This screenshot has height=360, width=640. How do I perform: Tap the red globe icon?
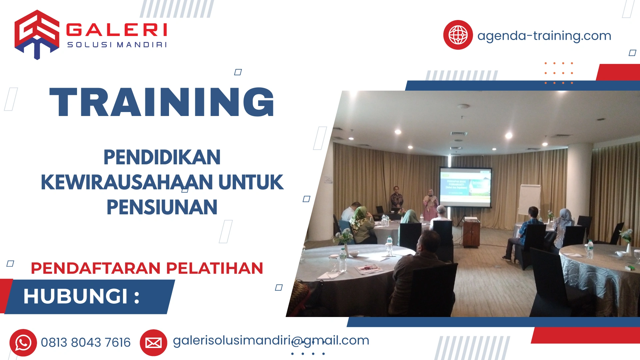(458, 35)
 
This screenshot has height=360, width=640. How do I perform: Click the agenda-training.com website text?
(544, 36)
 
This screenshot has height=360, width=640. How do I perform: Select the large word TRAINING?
(162, 102)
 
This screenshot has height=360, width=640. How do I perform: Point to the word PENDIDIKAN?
(162, 157)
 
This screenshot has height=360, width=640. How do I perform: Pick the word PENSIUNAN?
(162, 207)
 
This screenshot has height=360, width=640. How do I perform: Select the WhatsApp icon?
(23, 343)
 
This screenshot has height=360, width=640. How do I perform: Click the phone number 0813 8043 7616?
(86, 343)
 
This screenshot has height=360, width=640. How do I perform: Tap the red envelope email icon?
(153, 343)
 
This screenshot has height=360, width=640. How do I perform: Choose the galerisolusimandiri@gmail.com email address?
(271, 340)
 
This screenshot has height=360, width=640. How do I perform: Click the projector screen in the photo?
(465, 187)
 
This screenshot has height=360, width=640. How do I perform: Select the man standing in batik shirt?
(396, 198)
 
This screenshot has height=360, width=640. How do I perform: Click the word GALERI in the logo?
(117, 30)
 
